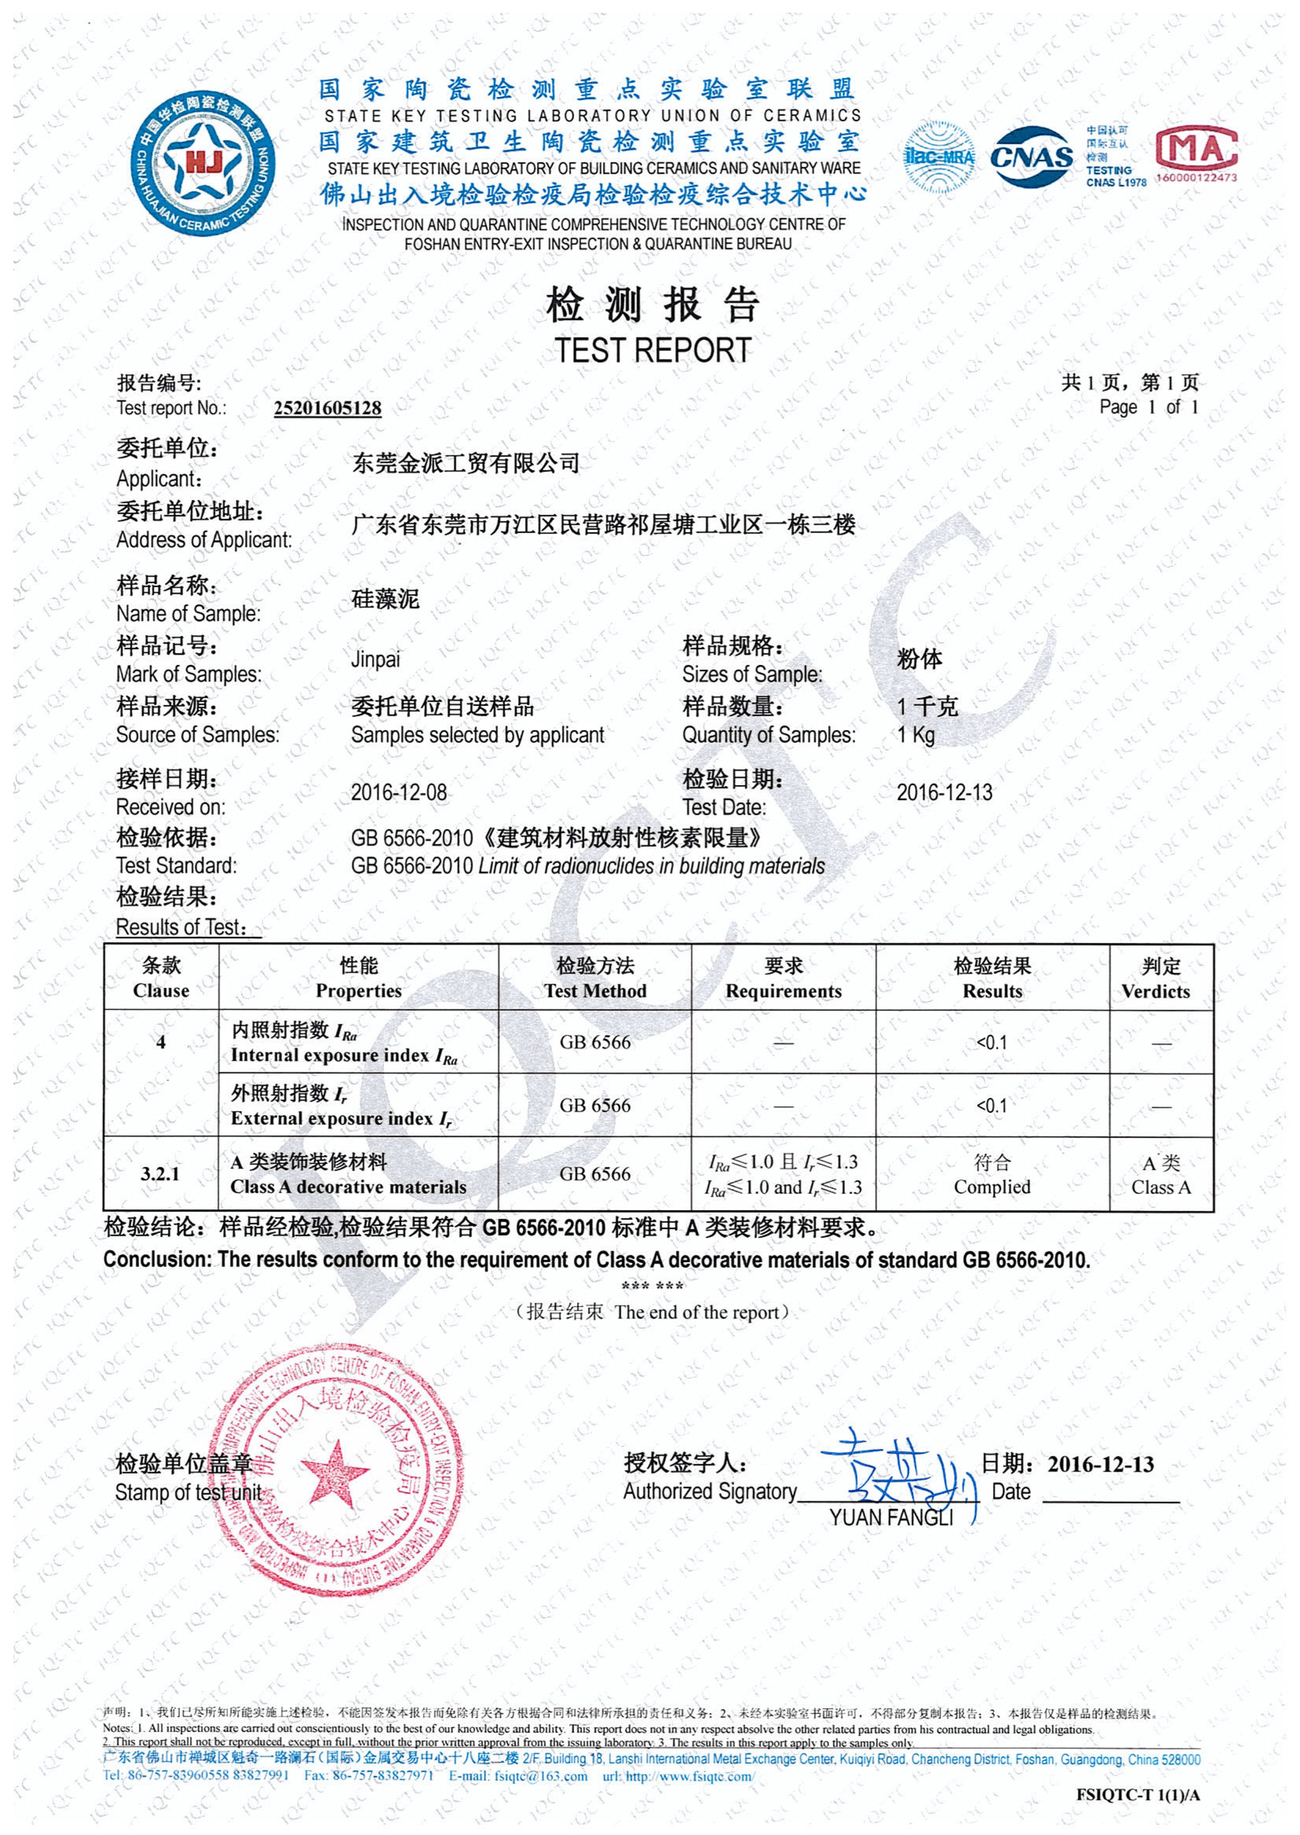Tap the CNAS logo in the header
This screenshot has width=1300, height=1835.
[1031, 156]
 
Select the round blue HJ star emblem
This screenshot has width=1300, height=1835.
[203, 164]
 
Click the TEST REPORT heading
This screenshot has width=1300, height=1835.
[653, 350]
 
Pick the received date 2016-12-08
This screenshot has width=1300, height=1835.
[398, 793]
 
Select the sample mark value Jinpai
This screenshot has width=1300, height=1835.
[375, 660]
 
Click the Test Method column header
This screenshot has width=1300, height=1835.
[595, 978]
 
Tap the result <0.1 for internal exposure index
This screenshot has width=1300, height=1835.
[991, 1042]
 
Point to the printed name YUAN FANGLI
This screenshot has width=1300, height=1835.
[891, 1518]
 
